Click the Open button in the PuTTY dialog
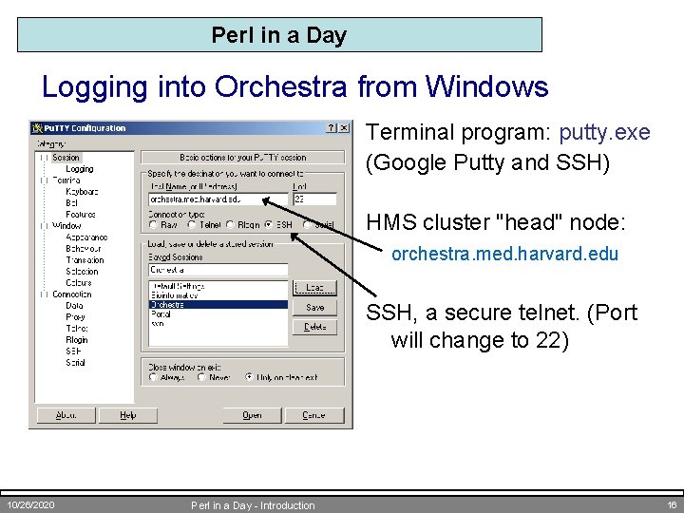pos(252,415)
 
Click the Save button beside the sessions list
pos(314,308)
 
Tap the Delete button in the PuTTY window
pos(314,327)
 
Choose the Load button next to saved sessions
pos(314,287)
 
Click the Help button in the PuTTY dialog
pos(127,415)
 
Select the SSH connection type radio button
pos(269,225)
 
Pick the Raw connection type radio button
pos(153,225)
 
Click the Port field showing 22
pos(314,199)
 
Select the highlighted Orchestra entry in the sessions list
pos(218,305)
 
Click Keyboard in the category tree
pos(82,192)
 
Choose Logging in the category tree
pos(80,169)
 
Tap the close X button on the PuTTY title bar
pos(344,128)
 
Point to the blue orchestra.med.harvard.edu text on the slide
pos(504,254)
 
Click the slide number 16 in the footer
pos(671,505)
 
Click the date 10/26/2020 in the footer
pos(29,505)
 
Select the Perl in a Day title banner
pos(279,35)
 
